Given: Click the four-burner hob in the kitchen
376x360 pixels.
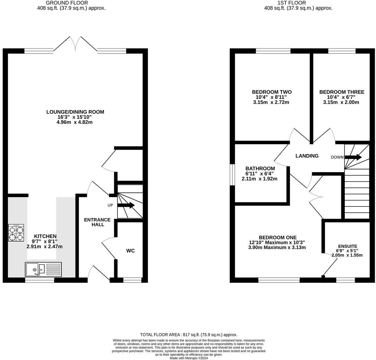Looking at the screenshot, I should click(x=16, y=233).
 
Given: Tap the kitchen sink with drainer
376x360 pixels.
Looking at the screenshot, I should click(x=43, y=269).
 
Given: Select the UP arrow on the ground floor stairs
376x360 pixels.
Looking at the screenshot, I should click(x=126, y=205).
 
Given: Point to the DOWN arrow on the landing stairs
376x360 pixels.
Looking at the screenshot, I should click(x=353, y=157).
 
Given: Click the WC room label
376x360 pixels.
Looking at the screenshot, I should click(x=130, y=251).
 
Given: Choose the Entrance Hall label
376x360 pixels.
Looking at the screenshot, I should click(x=97, y=222).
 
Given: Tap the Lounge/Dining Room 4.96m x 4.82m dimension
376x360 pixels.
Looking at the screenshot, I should click(x=75, y=122).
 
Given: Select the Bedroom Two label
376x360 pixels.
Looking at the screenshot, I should click(x=272, y=92).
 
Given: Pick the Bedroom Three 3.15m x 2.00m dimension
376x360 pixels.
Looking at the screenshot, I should click(x=341, y=102).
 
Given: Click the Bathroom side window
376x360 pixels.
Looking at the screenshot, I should click(x=232, y=175).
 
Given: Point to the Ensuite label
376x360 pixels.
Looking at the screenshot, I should click(x=348, y=246).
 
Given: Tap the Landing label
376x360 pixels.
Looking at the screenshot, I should click(x=307, y=156).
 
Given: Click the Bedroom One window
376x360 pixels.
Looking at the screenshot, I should click(x=279, y=280).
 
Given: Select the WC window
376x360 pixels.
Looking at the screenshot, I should click(x=132, y=280).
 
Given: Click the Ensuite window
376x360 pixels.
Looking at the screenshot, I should click(x=345, y=280).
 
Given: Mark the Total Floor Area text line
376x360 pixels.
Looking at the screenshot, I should click(x=188, y=335).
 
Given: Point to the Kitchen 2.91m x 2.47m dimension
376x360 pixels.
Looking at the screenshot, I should click(x=45, y=246).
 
